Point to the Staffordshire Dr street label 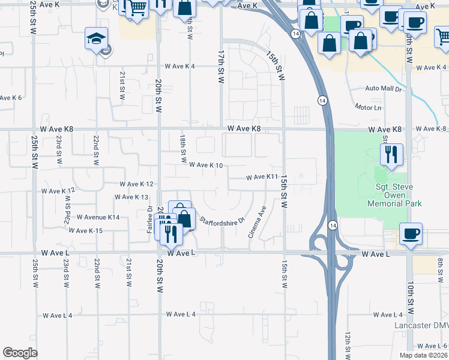click(223, 219)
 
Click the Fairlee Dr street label click(149, 220)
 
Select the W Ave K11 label click(263, 177)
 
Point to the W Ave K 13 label click(130, 197)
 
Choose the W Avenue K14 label click(97, 217)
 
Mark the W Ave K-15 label click(86, 230)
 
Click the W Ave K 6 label click(11, 98)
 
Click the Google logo click(20, 353)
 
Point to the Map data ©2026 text click(423, 355)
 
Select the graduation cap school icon click(96, 39)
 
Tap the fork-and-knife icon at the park click(391, 155)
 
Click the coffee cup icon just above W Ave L click(411, 234)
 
